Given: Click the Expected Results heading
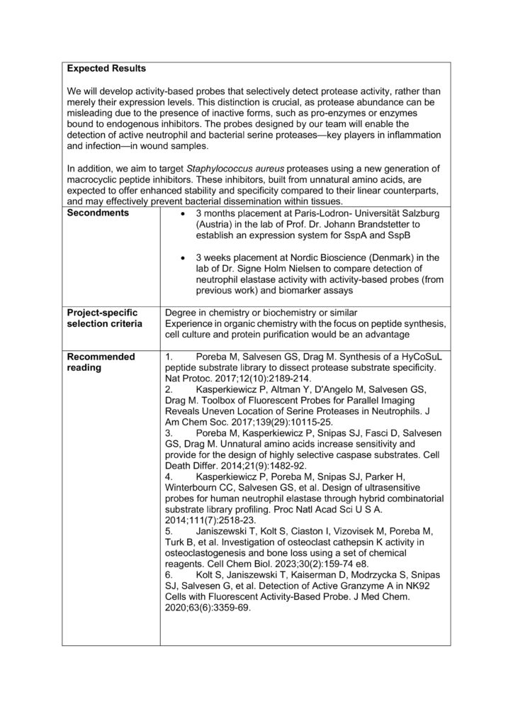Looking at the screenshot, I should pos(106,69).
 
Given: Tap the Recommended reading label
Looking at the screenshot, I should pos(98,362).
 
